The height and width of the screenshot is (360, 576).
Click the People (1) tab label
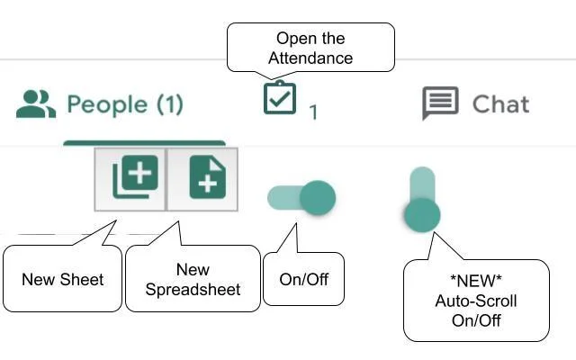124,104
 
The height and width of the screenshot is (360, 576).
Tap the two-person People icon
36,104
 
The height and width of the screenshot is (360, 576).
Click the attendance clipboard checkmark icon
279,98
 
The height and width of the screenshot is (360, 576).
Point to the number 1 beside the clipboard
313,112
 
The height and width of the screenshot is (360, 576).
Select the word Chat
500,104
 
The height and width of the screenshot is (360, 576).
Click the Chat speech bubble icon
440,104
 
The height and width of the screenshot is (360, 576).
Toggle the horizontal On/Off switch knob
317,197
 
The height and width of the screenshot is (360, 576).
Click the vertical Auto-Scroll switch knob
421,215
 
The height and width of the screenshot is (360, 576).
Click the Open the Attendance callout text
310,49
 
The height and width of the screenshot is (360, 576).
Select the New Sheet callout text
62,279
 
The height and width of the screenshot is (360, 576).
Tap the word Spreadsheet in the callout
193,290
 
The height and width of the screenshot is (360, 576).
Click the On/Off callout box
303,279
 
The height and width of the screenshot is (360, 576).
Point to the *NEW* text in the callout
476,282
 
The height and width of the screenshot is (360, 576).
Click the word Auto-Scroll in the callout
476,301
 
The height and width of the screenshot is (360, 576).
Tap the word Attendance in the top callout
310,58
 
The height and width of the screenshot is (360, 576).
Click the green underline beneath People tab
144,142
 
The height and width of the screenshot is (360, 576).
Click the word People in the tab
107,104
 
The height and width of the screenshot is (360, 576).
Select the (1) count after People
169,104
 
